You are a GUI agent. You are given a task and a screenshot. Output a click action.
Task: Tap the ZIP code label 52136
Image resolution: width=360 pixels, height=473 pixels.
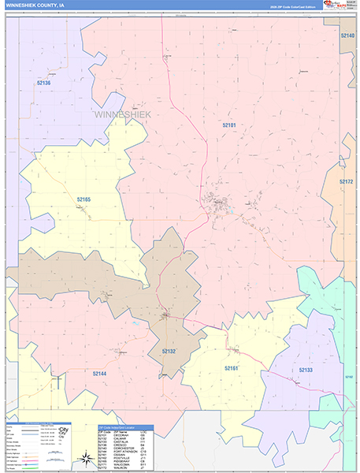[x=43, y=83]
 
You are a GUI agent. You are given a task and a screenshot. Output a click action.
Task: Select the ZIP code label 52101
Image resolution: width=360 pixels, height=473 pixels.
[x=229, y=125]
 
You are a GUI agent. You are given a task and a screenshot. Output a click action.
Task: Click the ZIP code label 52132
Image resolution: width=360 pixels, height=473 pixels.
[x=169, y=350]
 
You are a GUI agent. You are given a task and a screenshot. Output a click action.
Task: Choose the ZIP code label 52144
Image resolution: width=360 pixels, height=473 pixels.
[x=99, y=374]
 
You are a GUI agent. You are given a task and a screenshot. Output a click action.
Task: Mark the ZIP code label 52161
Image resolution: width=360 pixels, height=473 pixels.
[x=231, y=368]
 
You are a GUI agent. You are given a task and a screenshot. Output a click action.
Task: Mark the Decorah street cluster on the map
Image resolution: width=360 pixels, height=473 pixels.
[x=217, y=204]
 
